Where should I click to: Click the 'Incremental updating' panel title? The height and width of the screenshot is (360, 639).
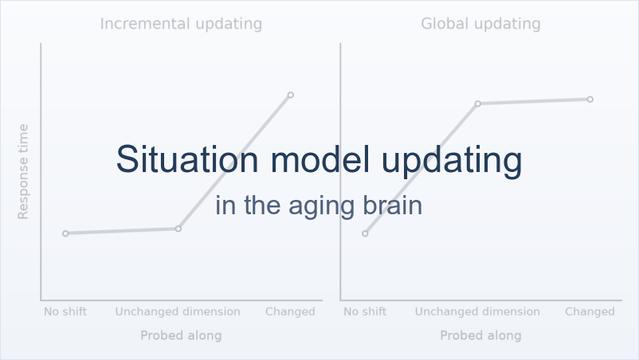(181, 24)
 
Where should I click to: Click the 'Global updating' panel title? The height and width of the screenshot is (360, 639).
(481, 24)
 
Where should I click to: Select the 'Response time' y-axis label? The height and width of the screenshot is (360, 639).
(23, 171)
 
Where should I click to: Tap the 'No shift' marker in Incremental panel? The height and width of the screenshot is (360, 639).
(65, 233)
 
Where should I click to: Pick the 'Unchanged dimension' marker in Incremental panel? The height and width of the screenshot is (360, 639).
(178, 229)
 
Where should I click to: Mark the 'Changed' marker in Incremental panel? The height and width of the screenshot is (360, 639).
(291, 95)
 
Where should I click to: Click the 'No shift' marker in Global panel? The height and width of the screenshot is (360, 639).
(365, 233)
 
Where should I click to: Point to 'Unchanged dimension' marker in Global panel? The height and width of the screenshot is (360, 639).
(477, 104)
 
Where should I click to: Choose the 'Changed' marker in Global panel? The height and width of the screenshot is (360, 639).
(590, 99)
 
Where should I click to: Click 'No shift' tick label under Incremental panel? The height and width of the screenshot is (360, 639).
(65, 312)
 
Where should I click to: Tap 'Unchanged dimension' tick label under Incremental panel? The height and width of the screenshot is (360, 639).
(178, 312)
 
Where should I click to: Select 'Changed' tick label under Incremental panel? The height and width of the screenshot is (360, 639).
(290, 312)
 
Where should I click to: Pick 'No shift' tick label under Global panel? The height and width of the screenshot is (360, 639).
(365, 312)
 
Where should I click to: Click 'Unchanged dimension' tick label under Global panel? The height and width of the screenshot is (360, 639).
(477, 312)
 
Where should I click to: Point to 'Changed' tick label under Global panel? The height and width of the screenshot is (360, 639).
(590, 312)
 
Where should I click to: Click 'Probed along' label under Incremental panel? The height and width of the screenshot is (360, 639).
(181, 335)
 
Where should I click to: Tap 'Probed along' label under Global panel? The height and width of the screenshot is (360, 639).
(481, 335)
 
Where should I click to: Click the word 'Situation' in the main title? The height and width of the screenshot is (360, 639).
(187, 159)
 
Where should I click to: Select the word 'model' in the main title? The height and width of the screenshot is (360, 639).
(320, 159)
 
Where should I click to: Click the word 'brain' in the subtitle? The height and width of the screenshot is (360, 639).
(393, 205)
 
